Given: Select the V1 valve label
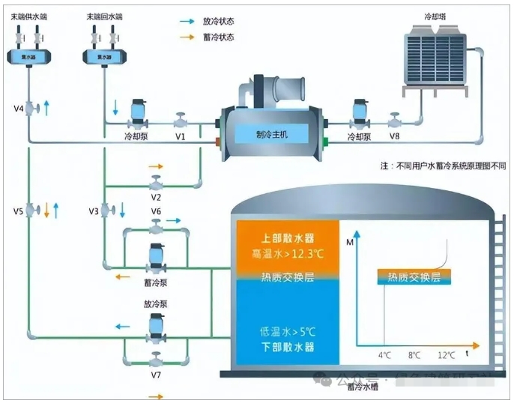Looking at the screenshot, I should pos(181,138).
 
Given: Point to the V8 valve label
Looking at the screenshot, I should pos(394,138).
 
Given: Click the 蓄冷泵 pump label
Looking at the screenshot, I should pos(156,282).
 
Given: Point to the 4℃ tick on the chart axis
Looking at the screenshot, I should pos(383,354).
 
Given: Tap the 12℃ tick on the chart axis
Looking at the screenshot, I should pos(447,354).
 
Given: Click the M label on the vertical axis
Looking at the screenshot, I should pos(350,241).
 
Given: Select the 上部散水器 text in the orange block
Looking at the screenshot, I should pos(287,237).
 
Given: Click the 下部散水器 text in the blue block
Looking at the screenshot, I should pos(287,347).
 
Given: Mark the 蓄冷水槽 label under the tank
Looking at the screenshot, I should pos(361,387).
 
